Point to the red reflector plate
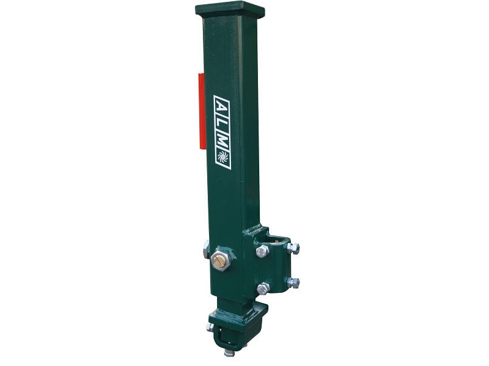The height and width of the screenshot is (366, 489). [202, 110]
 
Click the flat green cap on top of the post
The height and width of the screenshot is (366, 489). [230, 10]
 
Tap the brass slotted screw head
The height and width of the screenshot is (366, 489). [219, 259]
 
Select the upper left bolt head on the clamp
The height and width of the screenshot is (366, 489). [262, 251]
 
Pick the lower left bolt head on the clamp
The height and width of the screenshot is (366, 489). [263, 288]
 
